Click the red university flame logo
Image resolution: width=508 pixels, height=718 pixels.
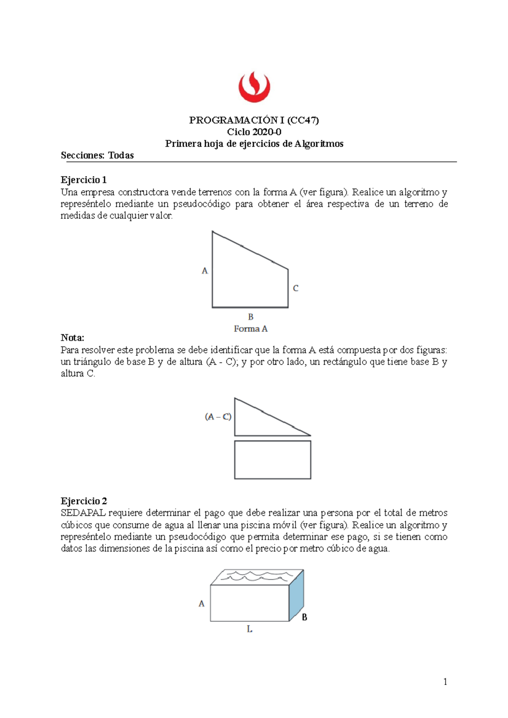254,87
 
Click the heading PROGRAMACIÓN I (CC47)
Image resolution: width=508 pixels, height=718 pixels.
254,120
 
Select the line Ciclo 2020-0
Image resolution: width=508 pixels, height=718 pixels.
254,132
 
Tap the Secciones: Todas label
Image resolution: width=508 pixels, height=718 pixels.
97,155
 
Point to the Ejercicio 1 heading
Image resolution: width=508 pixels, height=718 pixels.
83,180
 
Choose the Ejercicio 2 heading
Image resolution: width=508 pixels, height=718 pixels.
84,501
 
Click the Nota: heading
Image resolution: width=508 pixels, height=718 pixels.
72,337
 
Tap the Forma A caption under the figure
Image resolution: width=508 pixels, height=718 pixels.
251,329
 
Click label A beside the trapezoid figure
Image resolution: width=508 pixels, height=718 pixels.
205,271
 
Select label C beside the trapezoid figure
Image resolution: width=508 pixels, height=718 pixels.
295,288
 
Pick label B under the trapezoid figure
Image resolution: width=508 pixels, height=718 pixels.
251,317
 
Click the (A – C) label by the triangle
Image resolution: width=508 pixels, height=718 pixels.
218,417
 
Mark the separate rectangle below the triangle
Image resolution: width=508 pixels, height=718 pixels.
273,460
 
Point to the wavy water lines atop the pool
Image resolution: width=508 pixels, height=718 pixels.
258,576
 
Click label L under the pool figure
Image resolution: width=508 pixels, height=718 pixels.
249,629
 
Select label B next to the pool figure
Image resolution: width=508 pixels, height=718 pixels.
304,617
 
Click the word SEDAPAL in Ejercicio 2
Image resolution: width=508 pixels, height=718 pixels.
83,513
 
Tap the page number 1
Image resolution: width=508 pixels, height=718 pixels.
445,681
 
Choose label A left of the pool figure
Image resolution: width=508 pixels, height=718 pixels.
202,603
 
